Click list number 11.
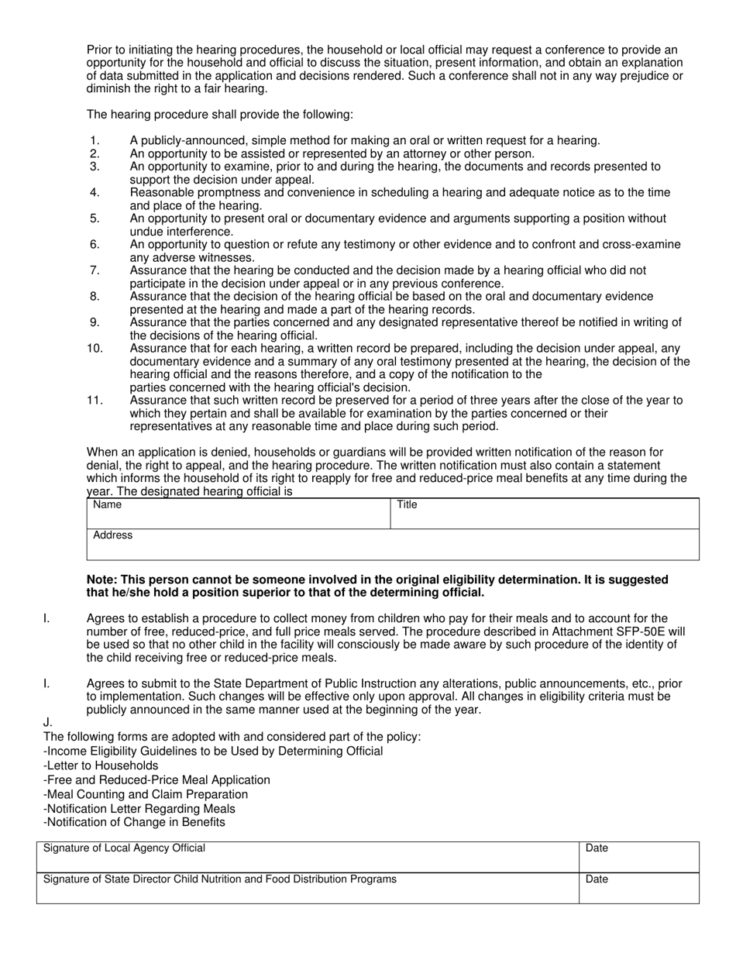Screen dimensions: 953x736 95,401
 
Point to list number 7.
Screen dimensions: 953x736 95,270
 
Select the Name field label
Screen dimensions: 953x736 107,505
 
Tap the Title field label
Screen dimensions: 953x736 407,505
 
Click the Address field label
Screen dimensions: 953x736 112,535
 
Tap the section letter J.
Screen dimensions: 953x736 47,722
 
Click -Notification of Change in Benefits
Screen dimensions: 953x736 134,823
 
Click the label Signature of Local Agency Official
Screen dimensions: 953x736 124,848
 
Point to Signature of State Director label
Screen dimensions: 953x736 220,879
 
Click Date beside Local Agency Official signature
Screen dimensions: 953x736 597,848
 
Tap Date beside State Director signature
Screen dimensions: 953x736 597,879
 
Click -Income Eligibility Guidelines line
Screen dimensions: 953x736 213,751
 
